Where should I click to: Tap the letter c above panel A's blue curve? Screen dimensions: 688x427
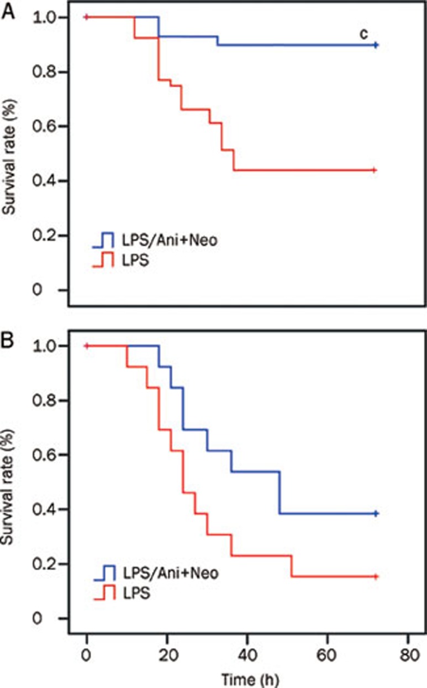click(363, 34)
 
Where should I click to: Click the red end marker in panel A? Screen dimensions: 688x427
click(375, 170)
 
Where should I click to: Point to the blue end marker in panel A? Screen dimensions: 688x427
click(376, 45)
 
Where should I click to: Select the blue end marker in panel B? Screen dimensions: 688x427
click(376, 513)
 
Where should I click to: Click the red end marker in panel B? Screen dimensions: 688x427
click(376, 576)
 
